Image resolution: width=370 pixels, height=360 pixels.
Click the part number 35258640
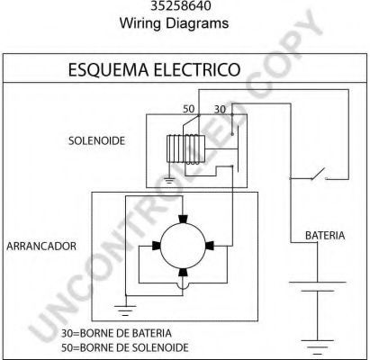point(181,5)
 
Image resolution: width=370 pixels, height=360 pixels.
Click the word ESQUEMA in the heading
point(108,69)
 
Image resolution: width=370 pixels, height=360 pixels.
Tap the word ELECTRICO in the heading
point(197,69)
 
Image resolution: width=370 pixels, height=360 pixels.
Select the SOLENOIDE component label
point(96,140)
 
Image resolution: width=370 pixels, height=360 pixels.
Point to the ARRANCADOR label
point(41,246)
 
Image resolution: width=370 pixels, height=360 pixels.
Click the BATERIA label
point(325,236)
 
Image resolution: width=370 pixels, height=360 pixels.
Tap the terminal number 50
point(189,109)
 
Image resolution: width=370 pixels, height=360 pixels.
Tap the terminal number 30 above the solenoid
point(220,109)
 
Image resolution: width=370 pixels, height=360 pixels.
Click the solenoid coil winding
point(185,149)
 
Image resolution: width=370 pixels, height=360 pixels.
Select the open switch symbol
point(319,174)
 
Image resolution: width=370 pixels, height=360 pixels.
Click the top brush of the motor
point(183,219)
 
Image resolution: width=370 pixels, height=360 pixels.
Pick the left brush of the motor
point(156,246)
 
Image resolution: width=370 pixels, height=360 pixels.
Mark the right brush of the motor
point(210,246)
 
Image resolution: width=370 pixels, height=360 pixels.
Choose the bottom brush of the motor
point(183,272)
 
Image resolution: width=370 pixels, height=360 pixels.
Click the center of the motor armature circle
point(183,246)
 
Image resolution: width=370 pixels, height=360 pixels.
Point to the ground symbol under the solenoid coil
point(170,181)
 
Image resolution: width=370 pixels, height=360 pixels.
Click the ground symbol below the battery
point(317,345)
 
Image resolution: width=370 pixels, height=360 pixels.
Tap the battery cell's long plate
point(317,282)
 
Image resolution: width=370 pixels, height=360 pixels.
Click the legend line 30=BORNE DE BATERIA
point(116,333)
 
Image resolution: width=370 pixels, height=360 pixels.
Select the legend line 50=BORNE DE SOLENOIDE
point(125,347)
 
